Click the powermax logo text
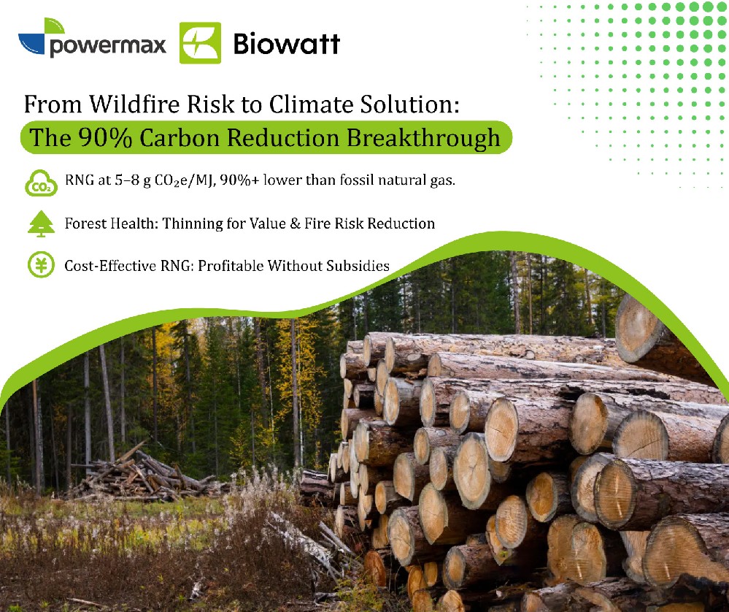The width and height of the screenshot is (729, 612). click(107, 45)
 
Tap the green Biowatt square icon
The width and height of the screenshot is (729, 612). click(201, 43)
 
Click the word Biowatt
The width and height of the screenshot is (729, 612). click(286, 44)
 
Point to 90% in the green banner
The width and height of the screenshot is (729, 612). click(105, 138)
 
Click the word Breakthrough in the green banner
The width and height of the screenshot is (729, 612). click(423, 138)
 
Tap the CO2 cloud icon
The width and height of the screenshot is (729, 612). click(41, 183)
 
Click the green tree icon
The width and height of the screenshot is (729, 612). click(41, 224)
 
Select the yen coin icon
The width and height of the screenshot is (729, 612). click(41, 265)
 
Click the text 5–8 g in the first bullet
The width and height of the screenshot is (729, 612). click(133, 180)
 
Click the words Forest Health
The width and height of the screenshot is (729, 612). click(111, 223)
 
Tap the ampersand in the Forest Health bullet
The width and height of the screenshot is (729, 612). click(296, 223)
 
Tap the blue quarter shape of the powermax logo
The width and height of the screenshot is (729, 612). click(31, 45)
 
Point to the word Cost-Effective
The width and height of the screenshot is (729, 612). click(110, 266)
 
